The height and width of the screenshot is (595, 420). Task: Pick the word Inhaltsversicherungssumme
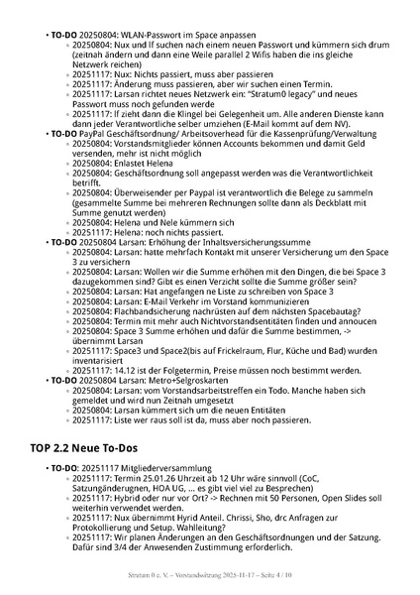251,242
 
